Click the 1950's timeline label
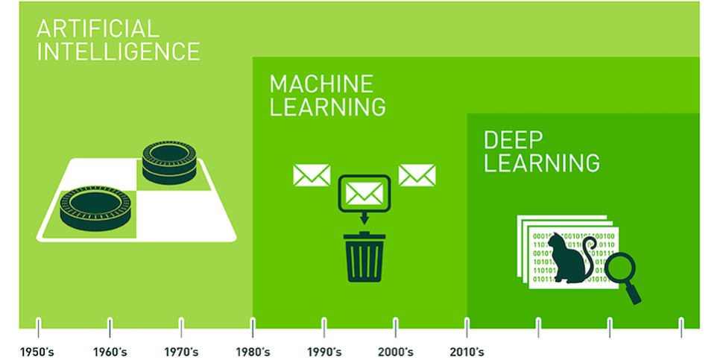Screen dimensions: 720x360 click(37, 353)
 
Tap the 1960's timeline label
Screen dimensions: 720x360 click(110, 353)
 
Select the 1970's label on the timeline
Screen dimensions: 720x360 click(181, 353)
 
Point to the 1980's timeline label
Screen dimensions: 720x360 click(253, 353)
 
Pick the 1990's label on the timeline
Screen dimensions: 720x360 click(324, 353)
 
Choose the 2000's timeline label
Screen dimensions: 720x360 click(396, 353)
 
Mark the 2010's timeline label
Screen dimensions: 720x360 click(467, 353)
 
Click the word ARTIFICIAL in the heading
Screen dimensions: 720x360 click(98, 29)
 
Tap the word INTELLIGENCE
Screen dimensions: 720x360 click(118, 52)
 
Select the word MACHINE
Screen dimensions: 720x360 click(321, 83)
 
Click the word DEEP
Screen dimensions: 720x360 click(514, 140)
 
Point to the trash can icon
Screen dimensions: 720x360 click(364, 256)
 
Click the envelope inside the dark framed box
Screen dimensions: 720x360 click(364, 193)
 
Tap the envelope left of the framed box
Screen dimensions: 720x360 click(312, 175)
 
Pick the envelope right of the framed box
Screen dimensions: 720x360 click(417, 175)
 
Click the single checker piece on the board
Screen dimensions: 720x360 click(95, 208)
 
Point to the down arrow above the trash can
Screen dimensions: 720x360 click(364, 218)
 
